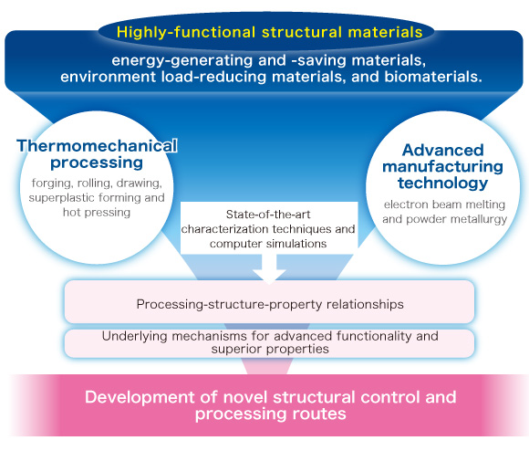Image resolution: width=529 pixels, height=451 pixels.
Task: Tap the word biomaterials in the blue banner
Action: tap(433, 77)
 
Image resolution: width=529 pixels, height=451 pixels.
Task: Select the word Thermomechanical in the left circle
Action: tap(98, 146)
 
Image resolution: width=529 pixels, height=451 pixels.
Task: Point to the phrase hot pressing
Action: tap(97, 213)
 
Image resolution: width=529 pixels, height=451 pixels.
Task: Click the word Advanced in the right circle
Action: tap(443, 151)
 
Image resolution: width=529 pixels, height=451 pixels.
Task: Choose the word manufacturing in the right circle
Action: tap(442, 167)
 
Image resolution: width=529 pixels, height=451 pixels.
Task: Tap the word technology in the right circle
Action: tap(442, 184)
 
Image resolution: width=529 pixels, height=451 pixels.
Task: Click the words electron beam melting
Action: tap(444, 205)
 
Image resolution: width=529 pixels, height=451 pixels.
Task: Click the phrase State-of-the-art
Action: tap(268, 215)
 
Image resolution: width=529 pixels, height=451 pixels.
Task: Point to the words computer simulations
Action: tap(268, 244)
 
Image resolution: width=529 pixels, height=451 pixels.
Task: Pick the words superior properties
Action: tap(270, 349)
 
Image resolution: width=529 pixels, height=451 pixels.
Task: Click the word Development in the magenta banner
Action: tap(140, 397)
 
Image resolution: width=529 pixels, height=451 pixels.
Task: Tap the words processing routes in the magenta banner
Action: tap(271, 414)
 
